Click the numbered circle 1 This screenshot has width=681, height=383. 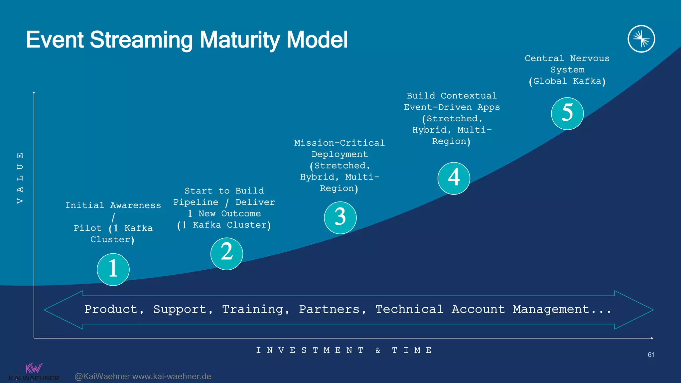click(113, 269)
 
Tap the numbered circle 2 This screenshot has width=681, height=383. click(227, 254)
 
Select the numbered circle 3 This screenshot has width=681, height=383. click(340, 218)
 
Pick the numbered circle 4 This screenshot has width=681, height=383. click(454, 178)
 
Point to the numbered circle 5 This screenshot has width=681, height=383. click(567, 113)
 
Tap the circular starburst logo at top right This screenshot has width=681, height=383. click(641, 39)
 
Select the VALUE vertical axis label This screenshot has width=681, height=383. click(20, 178)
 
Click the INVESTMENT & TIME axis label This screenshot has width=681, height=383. click(344, 350)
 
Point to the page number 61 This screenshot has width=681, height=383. click(651, 355)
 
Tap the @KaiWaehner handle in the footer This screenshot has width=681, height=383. click(102, 376)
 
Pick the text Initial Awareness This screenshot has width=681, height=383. click(113, 205)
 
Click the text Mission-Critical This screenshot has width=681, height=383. click(339, 143)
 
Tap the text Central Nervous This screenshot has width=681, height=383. click(567, 59)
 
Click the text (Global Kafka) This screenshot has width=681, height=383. click(567, 81)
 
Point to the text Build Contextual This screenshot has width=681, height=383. click(452, 96)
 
